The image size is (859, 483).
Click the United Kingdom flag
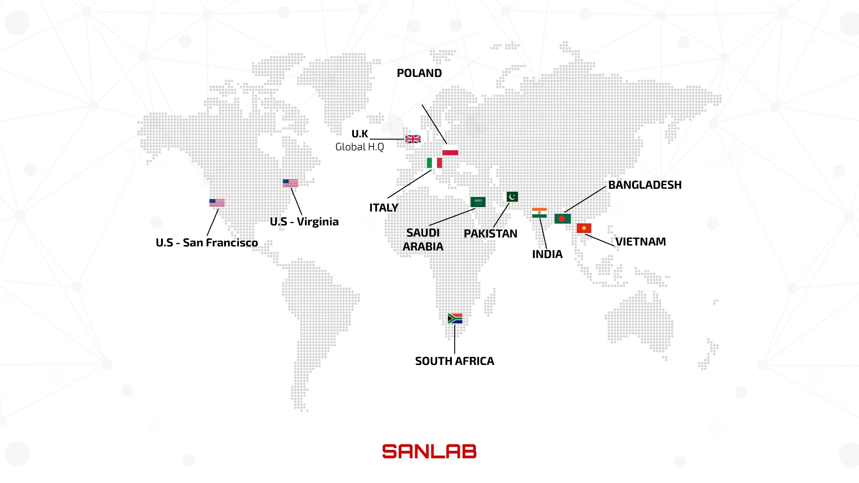[x=412, y=139]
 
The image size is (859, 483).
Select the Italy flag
[x=434, y=163]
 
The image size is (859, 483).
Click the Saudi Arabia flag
[x=478, y=202]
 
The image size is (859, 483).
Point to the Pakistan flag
[x=512, y=197]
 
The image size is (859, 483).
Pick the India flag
[x=539, y=213]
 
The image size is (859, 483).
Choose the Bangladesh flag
[x=562, y=219]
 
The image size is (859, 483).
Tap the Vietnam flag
[x=584, y=228]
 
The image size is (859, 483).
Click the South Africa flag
[x=455, y=318]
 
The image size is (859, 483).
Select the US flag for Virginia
[x=290, y=183]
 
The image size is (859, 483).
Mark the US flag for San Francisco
[x=217, y=203]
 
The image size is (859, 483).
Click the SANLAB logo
[x=429, y=452]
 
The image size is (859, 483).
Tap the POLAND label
[x=419, y=73]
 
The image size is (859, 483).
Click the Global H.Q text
[x=360, y=147]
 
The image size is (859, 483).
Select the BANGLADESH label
[x=645, y=185]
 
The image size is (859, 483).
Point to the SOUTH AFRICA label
[x=455, y=361]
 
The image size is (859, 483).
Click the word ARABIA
[x=423, y=246]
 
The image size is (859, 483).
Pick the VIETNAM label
[x=640, y=241]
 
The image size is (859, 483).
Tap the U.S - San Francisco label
[x=207, y=242]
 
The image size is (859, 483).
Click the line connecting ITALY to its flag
[x=409, y=184]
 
